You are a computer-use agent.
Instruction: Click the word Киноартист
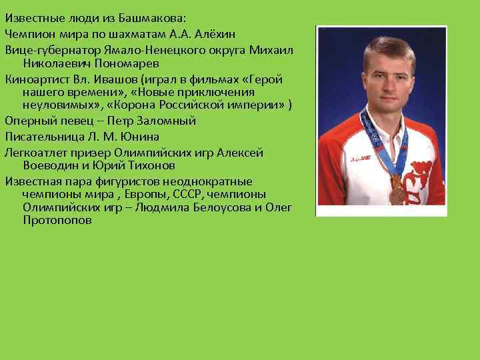(x=34, y=79)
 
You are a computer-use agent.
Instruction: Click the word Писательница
(x=40, y=137)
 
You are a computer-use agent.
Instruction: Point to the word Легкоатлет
(x=35, y=152)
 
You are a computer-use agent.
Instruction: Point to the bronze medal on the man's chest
(x=396, y=195)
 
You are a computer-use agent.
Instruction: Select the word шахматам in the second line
(x=123, y=33)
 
